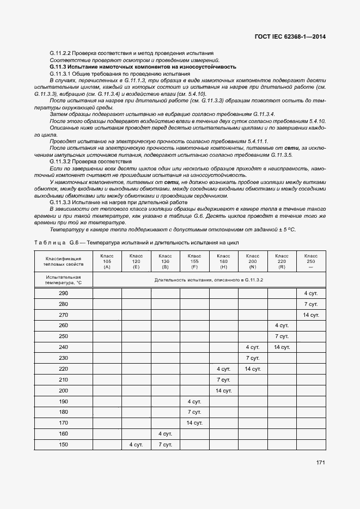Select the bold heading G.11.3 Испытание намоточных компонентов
pyautogui.click(x=143, y=66)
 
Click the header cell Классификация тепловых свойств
pyautogui.click(x=64, y=261)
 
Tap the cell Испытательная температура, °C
pyautogui.click(x=64, y=279)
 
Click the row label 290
pyautogui.click(x=64, y=293)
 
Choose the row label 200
pyautogui.click(x=64, y=390)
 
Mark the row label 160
pyautogui.click(x=64, y=434)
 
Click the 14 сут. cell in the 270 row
pyautogui.click(x=311, y=315)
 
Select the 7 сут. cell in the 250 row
pyautogui.click(x=282, y=336)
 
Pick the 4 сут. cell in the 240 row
pyautogui.click(x=253, y=347)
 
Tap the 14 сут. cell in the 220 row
pyautogui.click(x=253, y=369)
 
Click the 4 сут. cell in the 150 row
pyautogui.click(x=136, y=445)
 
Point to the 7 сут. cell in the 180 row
pyautogui.click(x=194, y=412)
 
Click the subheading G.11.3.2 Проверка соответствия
pyautogui.click(x=90, y=162)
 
